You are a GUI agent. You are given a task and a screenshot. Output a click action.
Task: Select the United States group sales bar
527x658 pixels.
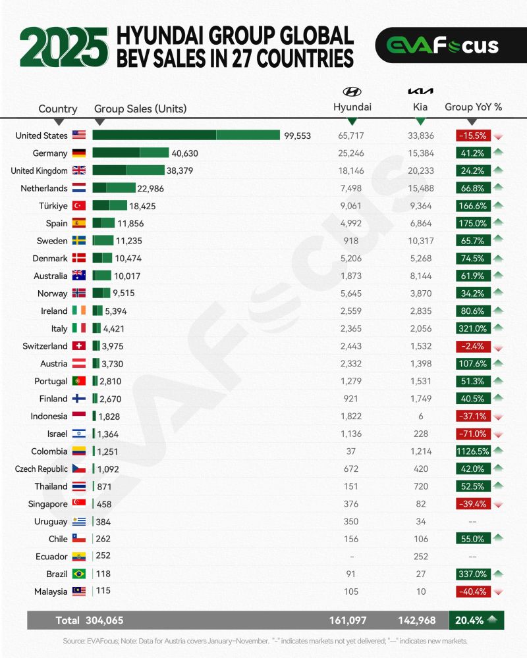[x=186, y=136]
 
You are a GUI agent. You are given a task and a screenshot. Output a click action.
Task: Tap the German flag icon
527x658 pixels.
[x=79, y=153]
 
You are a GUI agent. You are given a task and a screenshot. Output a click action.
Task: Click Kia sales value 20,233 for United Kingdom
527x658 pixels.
[x=420, y=170]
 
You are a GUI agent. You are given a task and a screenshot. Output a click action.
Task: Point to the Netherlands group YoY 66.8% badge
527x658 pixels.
[x=472, y=188]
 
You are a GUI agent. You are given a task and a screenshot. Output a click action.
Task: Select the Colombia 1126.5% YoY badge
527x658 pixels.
[x=472, y=451]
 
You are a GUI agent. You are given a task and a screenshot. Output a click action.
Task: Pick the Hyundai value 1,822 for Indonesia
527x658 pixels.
[x=351, y=416]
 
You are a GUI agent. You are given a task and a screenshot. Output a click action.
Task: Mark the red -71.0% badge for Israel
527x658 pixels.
[x=472, y=434]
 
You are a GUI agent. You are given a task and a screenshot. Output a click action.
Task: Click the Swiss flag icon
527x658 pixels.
[x=79, y=346]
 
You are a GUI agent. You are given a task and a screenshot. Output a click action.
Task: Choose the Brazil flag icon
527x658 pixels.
[x=79, y=574]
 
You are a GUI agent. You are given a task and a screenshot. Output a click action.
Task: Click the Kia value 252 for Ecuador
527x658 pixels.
[x=420, y=557]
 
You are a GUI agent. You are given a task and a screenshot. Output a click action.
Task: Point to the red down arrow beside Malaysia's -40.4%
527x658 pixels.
[x=499, y=592]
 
